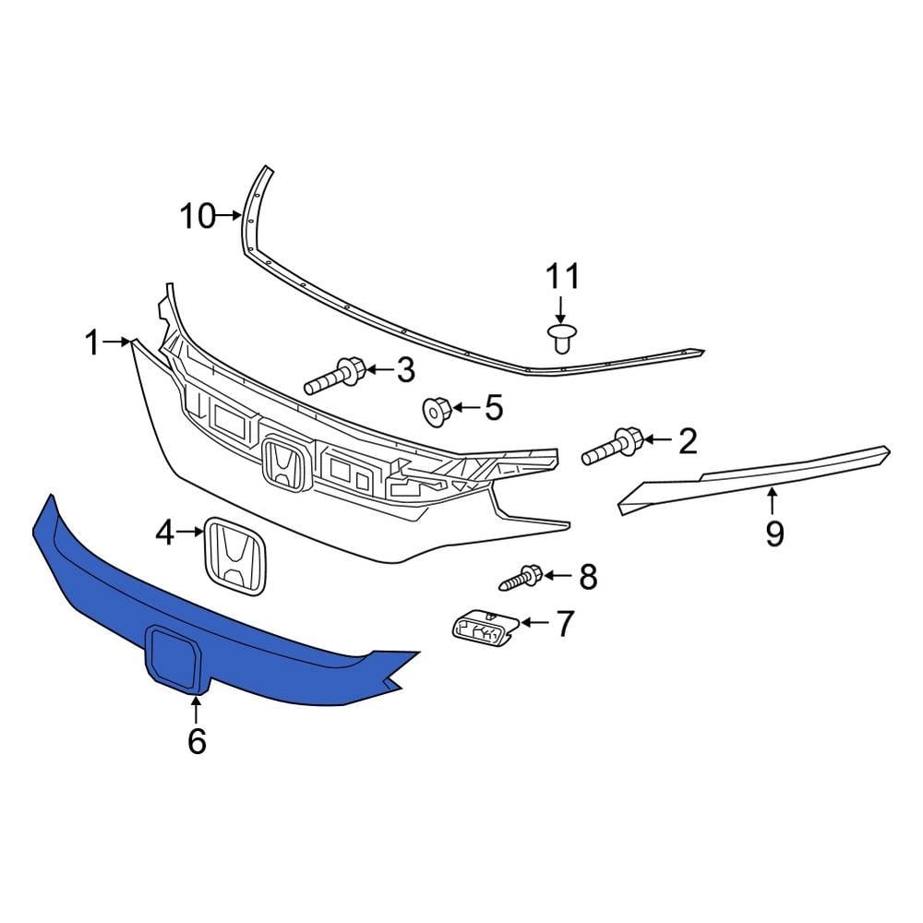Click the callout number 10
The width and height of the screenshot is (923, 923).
[x=198, y=218]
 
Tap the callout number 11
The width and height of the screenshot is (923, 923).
[x=562, y=276]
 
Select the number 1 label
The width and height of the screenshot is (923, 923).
[x=91, y=343]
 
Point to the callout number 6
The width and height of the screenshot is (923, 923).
[x=197, y=740]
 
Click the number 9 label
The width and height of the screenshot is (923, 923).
[x=774, y=533]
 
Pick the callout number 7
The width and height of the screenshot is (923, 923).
[x=564, y=624]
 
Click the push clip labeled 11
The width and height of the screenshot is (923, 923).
[x=559, y=337]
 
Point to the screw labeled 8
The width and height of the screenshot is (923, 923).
[x=521, y=579]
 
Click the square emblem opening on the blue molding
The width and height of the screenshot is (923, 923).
[x=174, y=658]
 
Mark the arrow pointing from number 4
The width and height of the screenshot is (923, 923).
[x=191, y=531]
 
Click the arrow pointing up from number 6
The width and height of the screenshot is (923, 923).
[x=197, y=709]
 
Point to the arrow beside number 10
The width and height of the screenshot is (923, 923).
[x=229, y=218]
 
